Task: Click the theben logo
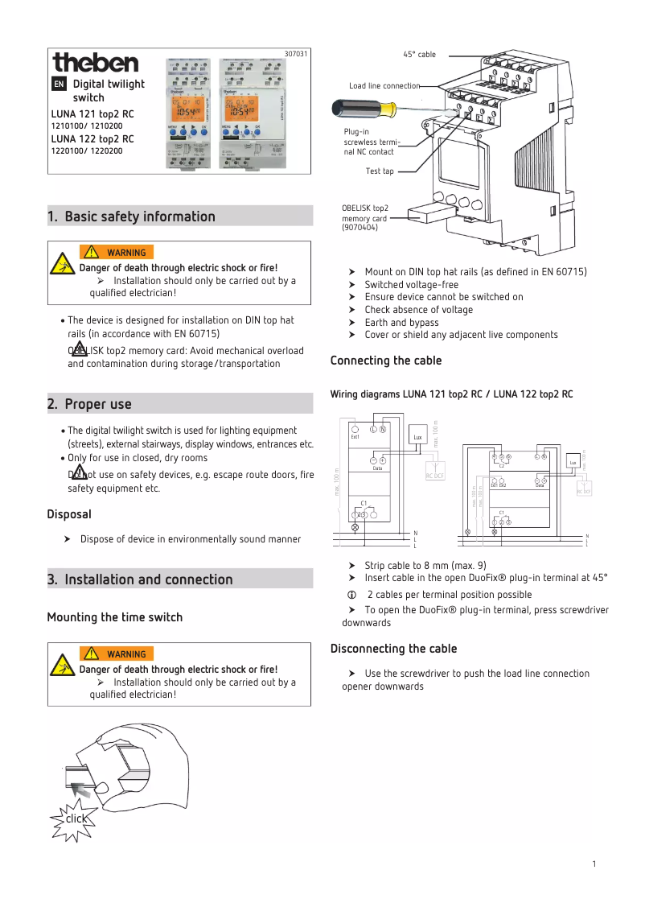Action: (x=95, y=63)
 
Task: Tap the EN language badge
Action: (x=59, y=84)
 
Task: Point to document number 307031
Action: (x=296, y=54)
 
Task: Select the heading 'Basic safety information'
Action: (x=139, y=216)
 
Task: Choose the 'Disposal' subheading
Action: (x=69, y=513)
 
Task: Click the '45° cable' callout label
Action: (x=419, y=55)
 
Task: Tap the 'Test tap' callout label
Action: (x=380, y=171)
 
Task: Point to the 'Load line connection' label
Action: (x=384, y=86)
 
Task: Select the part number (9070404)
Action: (x=359, y=228)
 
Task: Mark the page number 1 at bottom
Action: (x=594, y=864)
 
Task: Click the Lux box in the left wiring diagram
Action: (x=417, y=437)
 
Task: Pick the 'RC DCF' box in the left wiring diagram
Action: (x=435, y=474)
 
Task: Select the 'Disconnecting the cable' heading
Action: (x=393, y=649)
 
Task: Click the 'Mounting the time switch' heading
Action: (x=115, y=617)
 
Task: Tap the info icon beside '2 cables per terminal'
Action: (x=351, y=595)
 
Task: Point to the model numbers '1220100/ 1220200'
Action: (x=87, y=150)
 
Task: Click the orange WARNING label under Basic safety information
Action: (x=117, y=253)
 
